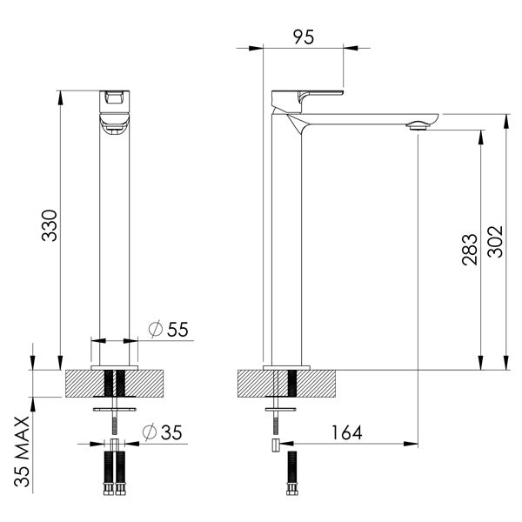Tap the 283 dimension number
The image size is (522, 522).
tap(468, 250)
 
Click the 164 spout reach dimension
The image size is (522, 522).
tap(345, 432)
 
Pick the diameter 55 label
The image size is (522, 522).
tap(169, 329)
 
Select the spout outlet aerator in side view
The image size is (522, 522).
tap(418, 127)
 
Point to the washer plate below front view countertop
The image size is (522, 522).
tap(114, 406)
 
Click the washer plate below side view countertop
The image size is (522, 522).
tap(282, 406)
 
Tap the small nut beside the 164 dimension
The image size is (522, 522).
tap(274, 445)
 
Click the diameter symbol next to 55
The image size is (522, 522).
tap(156, 329)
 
